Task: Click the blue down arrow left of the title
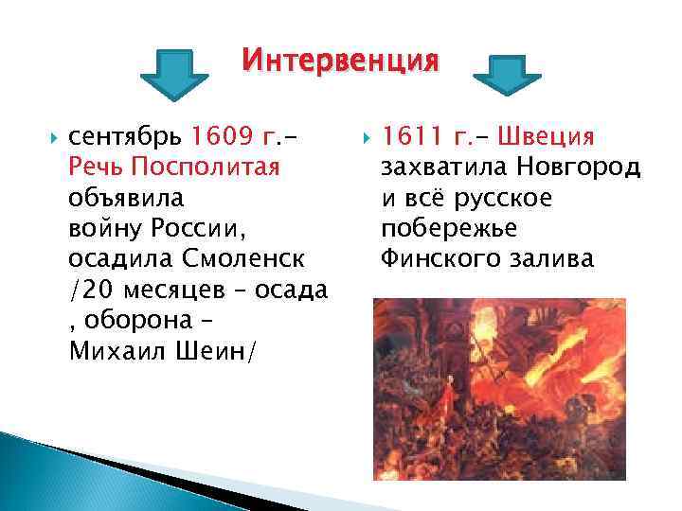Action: [173, 79]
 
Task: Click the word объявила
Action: [127, 199]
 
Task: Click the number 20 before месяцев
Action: [94, 290]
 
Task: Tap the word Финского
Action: [437, 258]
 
